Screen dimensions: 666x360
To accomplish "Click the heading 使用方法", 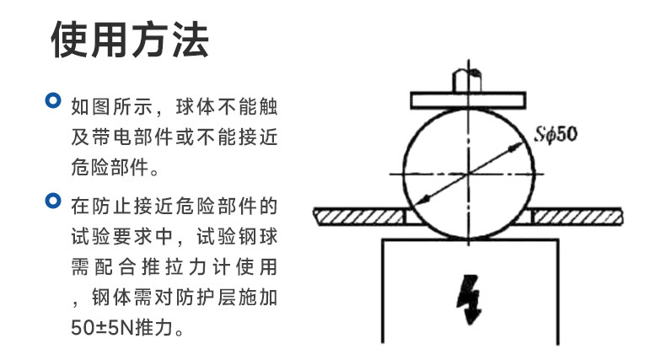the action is click(130, 40).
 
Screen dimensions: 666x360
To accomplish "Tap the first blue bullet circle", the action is click(53, 100).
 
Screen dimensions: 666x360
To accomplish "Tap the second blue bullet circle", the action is click(53, 201).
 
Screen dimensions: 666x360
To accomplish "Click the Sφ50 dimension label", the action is click(556, 134).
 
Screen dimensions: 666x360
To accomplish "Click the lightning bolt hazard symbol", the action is click(470, 298).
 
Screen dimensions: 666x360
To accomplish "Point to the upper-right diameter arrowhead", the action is click(517, 147).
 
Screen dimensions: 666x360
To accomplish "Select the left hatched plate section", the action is click(359, 217).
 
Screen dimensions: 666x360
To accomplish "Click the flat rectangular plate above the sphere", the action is click(468, 100).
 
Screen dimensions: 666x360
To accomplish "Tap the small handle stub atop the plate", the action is click(467, 81).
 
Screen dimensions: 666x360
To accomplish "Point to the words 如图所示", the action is click(112, 106).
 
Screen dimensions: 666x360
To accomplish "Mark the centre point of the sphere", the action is click(469, 174).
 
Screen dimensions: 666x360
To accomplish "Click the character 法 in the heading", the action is click(191, 40).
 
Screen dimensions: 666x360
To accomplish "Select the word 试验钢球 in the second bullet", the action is click(237, 237).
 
